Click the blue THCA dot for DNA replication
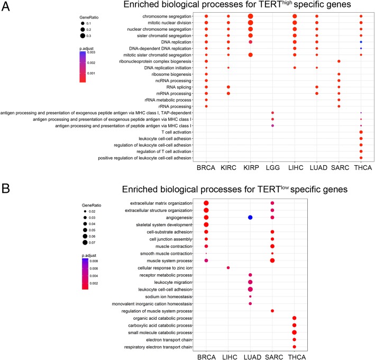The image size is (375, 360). tap(361, 42)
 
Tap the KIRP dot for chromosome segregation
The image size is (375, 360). tap(250, 16)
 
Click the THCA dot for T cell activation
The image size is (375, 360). tap(361, 132)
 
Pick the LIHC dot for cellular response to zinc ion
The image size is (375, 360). tap(228, 268)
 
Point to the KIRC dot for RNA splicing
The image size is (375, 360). tap(228, 87)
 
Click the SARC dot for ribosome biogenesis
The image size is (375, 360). tap(339, 74)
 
